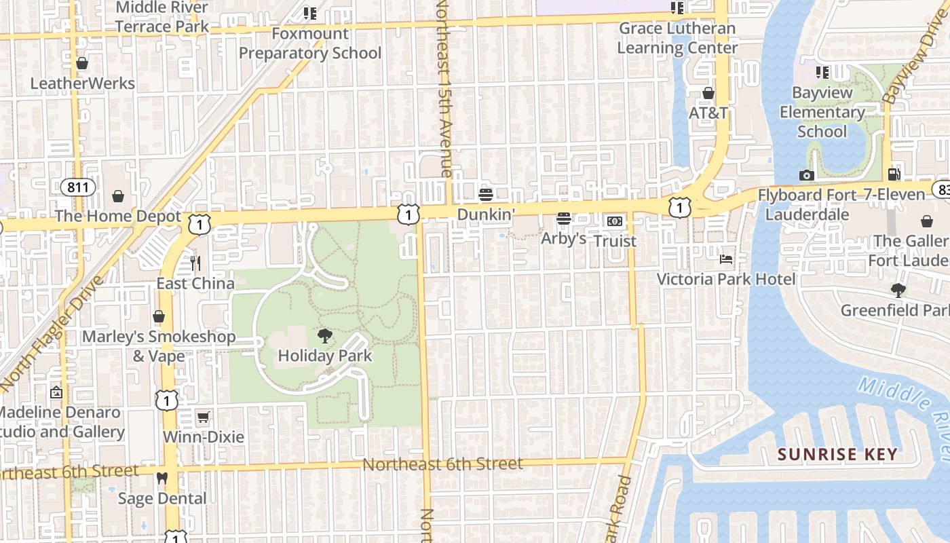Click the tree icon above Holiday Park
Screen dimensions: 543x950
(325, 335)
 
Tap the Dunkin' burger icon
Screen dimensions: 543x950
(485, 195)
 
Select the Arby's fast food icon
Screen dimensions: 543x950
(563, 219)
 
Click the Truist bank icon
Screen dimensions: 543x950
(615, 221)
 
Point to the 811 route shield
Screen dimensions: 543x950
(77, 187)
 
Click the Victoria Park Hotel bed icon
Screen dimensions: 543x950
(726, 259)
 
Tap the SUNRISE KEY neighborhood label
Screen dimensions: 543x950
(837, 455)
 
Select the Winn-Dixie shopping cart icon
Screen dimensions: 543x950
(203, 417)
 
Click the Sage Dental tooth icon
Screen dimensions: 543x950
(161, 479)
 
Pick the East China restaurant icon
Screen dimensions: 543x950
(195, 263)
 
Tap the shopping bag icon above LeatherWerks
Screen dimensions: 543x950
(82, 63)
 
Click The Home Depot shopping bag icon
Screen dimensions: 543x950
(118, 196)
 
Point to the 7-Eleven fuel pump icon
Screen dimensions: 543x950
(894, 174)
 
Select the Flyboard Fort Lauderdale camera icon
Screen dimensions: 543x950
(806, 176)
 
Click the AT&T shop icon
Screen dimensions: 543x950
(708, 93)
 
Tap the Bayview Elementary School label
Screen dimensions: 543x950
(822, 112)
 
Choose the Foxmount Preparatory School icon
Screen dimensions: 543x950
(310, 13)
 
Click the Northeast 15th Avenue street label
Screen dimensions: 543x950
(444, 88)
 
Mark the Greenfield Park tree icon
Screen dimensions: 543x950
(898, 291)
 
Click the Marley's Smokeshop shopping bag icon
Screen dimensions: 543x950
(159, 316)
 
